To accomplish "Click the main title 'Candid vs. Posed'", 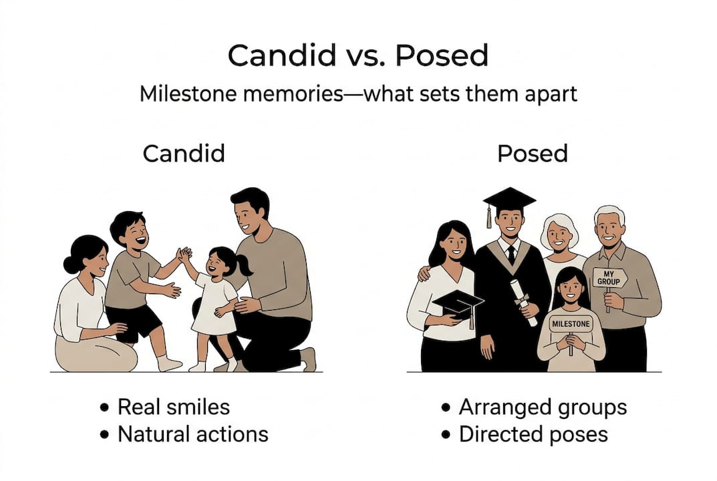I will (357, 56).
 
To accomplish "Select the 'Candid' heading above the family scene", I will (184, 154).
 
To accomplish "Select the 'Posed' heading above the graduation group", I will (532, 154).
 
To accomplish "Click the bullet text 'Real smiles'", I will (173, 407).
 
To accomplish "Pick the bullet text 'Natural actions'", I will (192, 434).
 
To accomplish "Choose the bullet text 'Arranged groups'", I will (543, 407).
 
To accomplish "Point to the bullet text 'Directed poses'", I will (533, 434).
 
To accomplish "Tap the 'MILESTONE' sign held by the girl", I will (570, 324).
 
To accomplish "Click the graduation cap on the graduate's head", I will (509, 199).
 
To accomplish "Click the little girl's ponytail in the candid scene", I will (245, 265).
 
